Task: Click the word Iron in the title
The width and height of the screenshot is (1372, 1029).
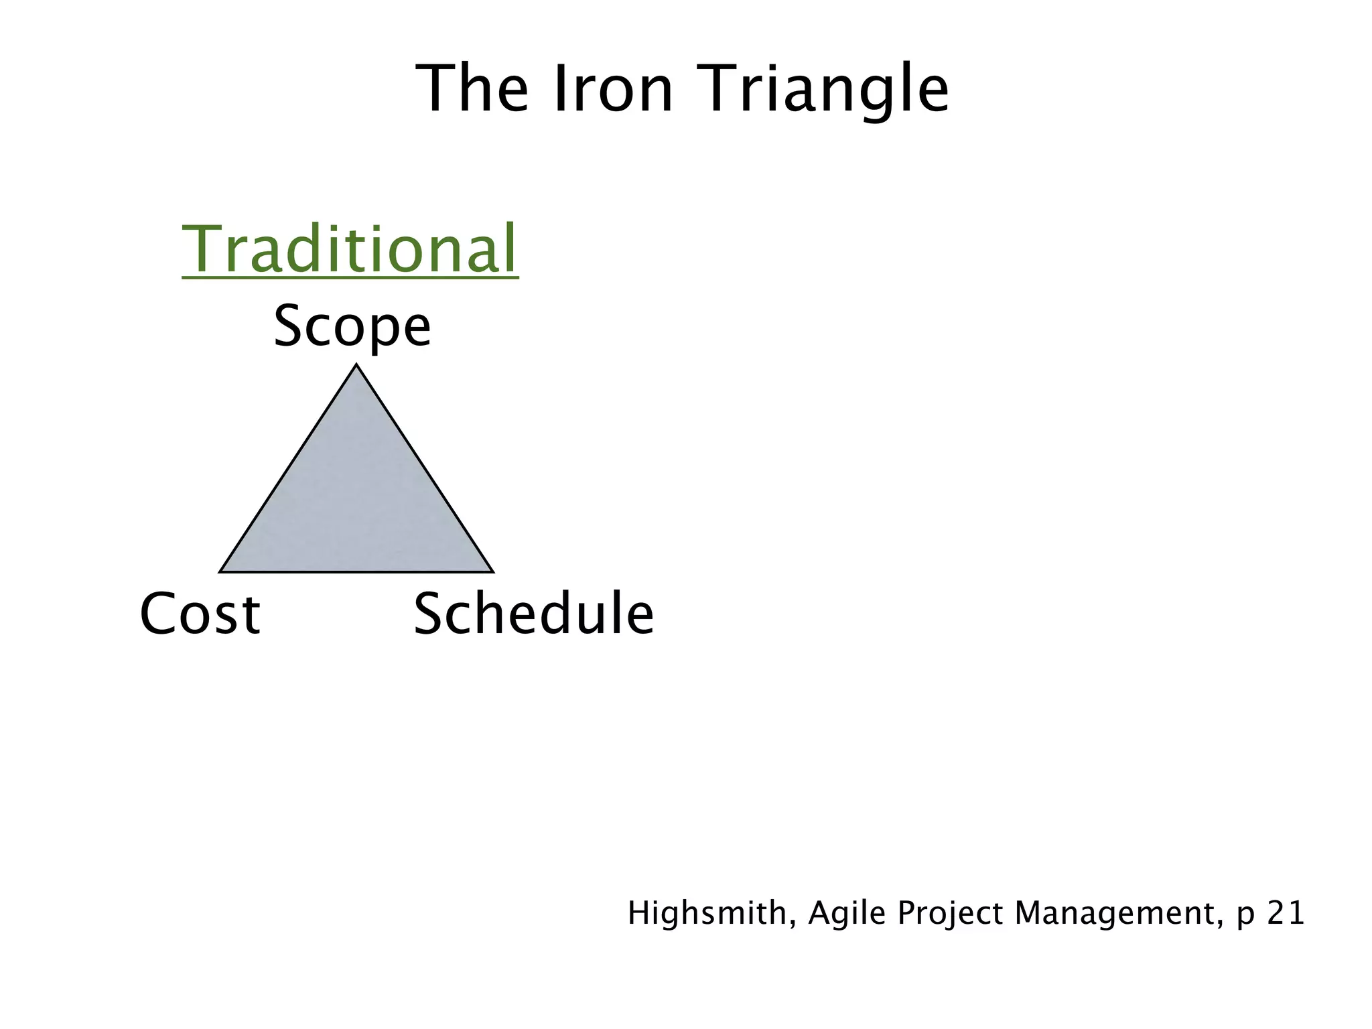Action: coord(613,89)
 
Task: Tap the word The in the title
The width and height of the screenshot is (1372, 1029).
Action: coord(472,89)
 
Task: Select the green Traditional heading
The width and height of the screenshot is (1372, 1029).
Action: coord(350,249)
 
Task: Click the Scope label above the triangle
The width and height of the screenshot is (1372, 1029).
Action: coord(352,326)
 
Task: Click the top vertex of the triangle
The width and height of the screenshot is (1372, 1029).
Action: coord(356,366)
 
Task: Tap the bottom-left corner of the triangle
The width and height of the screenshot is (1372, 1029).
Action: coord(221,571)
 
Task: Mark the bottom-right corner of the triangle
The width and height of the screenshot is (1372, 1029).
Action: coord(492,571)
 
